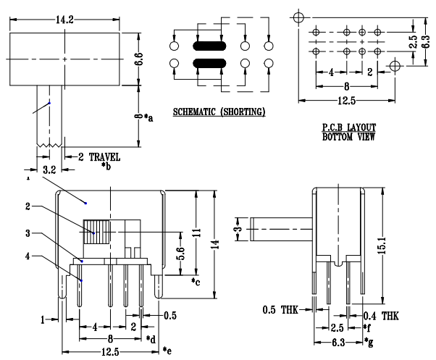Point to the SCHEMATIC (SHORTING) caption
coord(219,112)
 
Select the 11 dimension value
coord(195,233)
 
